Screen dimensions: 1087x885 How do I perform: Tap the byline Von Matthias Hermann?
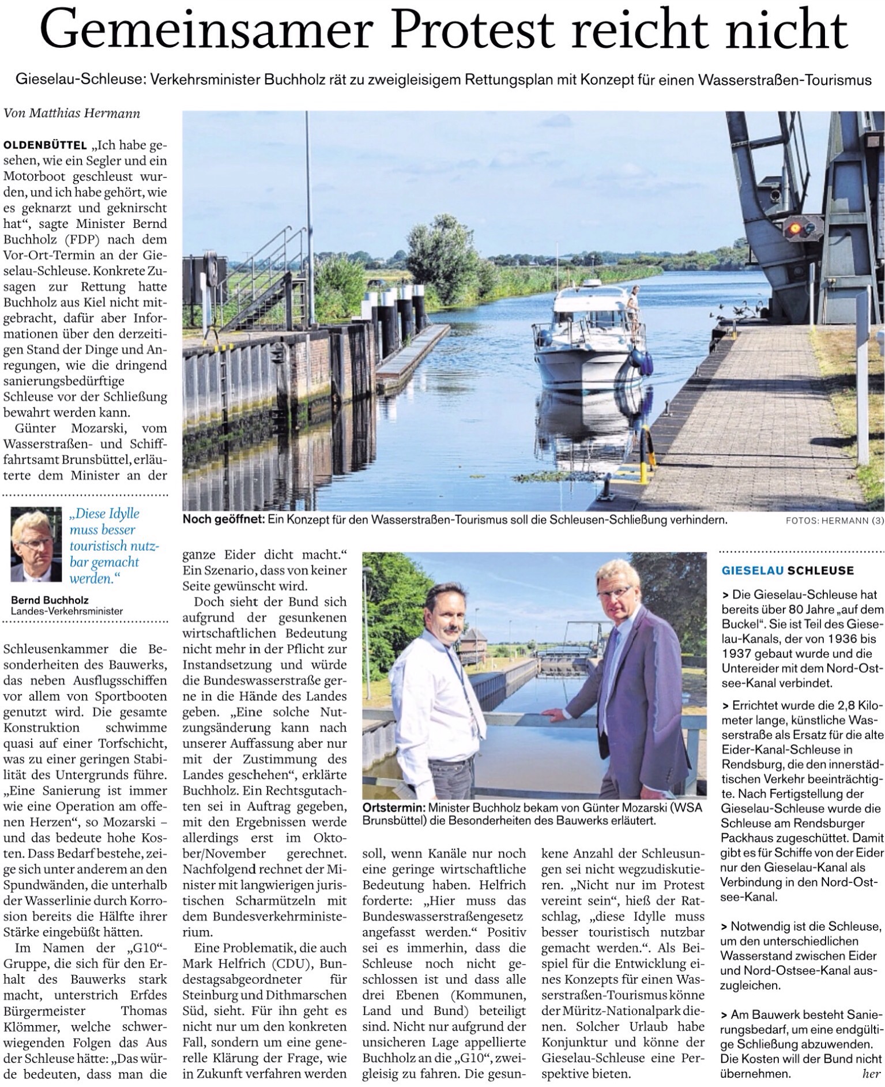(71, 113)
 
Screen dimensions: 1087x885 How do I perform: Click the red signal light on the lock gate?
(795, 228)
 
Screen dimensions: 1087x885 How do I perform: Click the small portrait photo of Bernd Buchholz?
(36, 544)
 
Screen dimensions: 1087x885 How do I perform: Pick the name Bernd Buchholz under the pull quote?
(50, 600)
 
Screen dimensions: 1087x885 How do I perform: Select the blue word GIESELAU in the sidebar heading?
(752, 570)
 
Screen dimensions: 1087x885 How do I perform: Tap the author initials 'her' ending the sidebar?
(871, 1074)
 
